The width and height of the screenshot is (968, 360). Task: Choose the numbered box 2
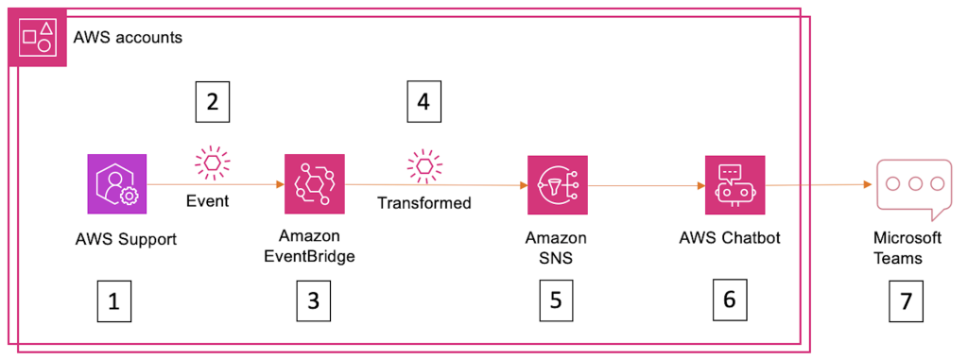(212, 100)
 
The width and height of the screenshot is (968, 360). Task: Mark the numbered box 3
(313, 300)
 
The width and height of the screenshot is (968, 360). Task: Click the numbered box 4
(423, 100)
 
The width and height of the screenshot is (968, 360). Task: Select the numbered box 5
(555, 300)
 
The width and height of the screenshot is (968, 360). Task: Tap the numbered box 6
(729, 300)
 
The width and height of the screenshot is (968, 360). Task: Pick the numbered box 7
(906, 301)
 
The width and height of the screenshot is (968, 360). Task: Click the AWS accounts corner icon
(37, 38)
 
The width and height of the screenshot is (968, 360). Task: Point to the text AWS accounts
(128, 39)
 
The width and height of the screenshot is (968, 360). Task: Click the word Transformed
(424, 202)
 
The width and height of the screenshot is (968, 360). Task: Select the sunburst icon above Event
(212, 162)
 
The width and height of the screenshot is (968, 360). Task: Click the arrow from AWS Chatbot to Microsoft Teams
(819, 185)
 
